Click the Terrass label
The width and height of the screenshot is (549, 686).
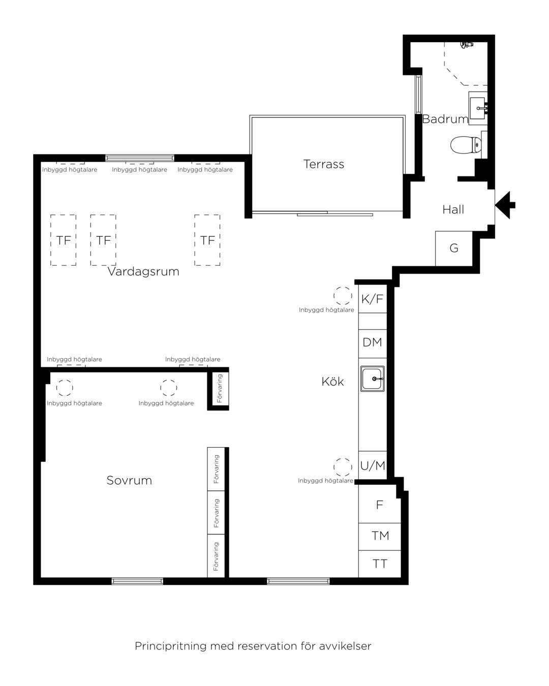(323, 164)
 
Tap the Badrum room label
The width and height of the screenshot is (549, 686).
(445, 119)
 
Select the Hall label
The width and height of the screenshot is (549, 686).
(453, 209)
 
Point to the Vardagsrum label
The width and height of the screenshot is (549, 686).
(143, 271)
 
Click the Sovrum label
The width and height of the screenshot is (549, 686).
(129, 480)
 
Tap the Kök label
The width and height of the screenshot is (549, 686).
(332, 381)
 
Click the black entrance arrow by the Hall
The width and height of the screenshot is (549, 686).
(505, 205)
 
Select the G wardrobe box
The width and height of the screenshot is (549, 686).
(454, 248)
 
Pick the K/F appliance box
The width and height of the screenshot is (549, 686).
(372, 299)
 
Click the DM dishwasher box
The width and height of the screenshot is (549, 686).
(372, 344)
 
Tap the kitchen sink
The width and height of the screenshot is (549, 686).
(372, 379)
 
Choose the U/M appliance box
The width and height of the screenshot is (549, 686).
(372, 465)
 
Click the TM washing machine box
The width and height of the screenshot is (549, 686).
(380, 537)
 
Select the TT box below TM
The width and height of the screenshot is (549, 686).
(380, 564)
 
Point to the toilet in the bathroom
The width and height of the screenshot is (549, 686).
(466, 145)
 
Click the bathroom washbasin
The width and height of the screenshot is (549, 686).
(478, 108)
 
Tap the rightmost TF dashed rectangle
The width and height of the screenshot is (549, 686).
(207, 240)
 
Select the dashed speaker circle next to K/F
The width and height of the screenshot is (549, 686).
(343, 296)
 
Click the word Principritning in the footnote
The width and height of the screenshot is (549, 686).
(171, 646)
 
